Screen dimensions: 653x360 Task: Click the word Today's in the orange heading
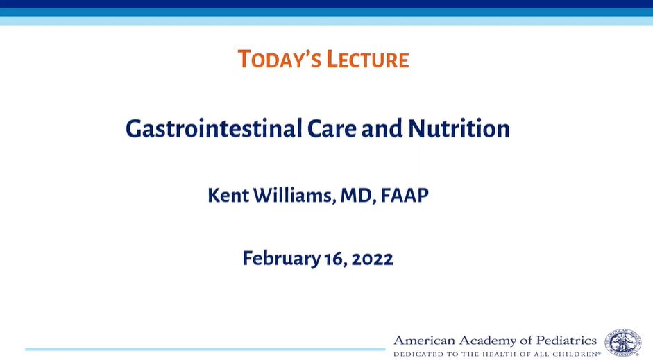tap(279, 59)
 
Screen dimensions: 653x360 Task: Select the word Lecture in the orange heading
tap(368, 59)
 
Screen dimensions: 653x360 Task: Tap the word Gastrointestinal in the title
tap(214, 128)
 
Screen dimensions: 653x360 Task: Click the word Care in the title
tap(332, 128)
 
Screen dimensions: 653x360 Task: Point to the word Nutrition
tap(459, 128)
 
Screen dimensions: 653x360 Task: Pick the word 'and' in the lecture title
tap(382, 128)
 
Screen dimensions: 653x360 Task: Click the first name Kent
tap(228, 195)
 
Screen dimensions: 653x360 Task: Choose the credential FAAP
tap(405, 195)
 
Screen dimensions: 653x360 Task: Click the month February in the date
tap(282, 259)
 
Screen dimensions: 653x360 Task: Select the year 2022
tap(373, 259)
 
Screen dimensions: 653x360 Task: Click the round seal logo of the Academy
tap(623, 342)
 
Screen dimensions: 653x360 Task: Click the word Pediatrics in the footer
tap(566, 341)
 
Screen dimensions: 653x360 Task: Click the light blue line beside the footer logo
tap(205, 349)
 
